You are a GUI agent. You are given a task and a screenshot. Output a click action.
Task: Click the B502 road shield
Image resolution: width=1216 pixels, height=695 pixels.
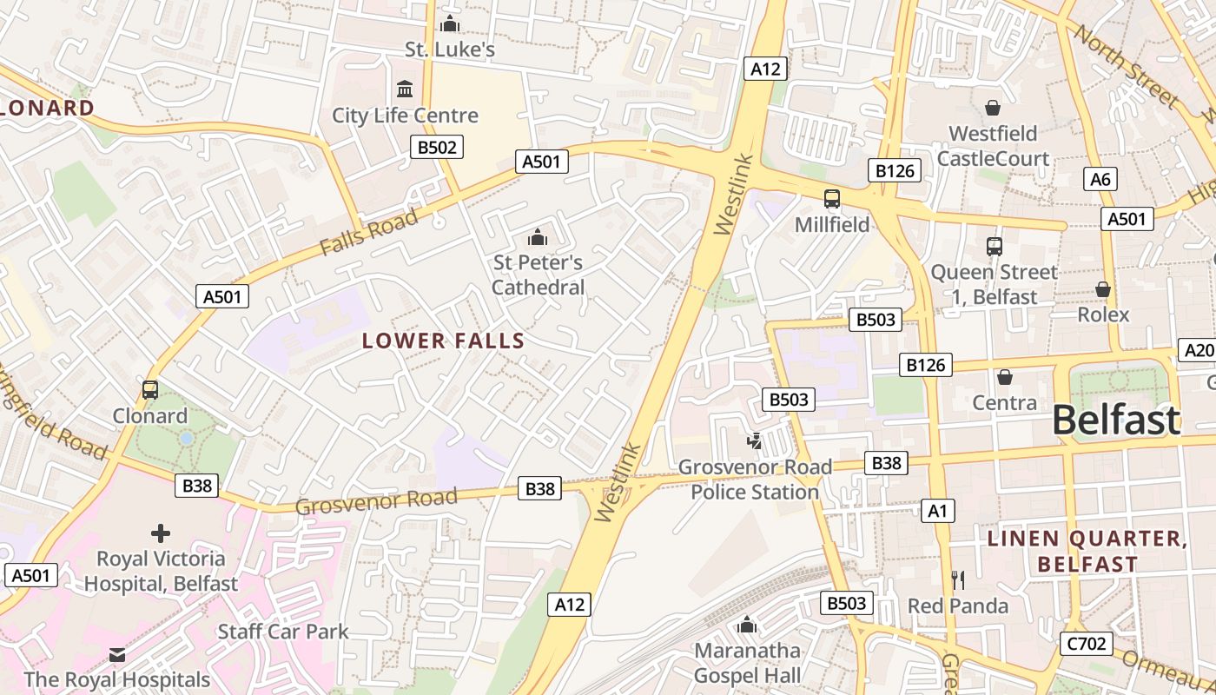(437, 147)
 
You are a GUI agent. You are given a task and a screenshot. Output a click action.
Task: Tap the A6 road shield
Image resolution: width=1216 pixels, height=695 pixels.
(1100, 180)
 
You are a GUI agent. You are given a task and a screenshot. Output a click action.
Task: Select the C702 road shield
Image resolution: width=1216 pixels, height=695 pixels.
(1086, 644)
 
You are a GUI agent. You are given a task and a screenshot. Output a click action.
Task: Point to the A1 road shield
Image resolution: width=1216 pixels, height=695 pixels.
(938, 511)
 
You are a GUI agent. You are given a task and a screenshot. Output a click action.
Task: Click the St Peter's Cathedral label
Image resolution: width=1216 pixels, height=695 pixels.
(539, 275)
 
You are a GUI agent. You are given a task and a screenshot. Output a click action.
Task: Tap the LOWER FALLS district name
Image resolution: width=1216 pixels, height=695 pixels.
(443, 341)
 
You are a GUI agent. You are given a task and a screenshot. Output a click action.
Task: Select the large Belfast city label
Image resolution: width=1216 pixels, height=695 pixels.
(1116, 420)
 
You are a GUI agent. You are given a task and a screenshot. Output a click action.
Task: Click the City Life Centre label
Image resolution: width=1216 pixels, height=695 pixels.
(405, 116)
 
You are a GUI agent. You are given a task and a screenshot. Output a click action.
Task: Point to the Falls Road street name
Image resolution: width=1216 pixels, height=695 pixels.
(368, 232)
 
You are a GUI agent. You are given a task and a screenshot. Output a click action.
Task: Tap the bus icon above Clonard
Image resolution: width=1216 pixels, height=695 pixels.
(150, 390)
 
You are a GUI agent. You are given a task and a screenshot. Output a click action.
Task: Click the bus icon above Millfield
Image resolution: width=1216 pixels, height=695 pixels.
(832, 199)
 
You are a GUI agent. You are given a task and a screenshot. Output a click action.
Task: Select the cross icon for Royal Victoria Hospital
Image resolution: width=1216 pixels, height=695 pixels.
(161, 533)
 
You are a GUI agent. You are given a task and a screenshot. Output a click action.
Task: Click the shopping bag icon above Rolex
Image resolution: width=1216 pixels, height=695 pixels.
(1103, 288)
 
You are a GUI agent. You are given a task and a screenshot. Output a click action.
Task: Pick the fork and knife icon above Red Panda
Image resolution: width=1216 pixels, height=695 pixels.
(958, 579)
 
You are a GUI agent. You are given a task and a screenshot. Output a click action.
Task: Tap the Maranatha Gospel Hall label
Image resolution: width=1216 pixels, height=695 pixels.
(747, 663)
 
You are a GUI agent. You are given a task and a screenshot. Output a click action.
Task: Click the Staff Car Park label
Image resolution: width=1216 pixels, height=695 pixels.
(283, 632)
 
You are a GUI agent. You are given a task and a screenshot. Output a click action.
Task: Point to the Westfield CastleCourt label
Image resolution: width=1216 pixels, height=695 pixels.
(993, 146)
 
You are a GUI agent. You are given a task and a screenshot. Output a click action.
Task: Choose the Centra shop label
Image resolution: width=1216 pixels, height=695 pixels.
(1004, 402)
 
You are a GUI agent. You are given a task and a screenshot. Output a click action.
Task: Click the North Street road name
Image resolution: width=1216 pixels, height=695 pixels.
(1126, 67)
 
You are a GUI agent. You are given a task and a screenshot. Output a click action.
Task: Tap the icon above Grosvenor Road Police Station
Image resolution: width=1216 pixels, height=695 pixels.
(754, 441)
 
